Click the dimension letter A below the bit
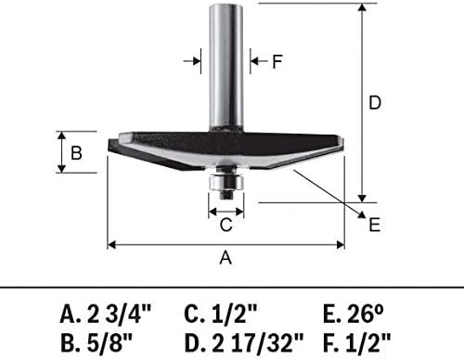tap(225, 261)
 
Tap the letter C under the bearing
tap(226, 224)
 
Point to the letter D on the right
tap(375, 104)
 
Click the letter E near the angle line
tap(374, 225)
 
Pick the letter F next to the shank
tap(277, 62)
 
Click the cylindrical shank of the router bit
tap(226, 65)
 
